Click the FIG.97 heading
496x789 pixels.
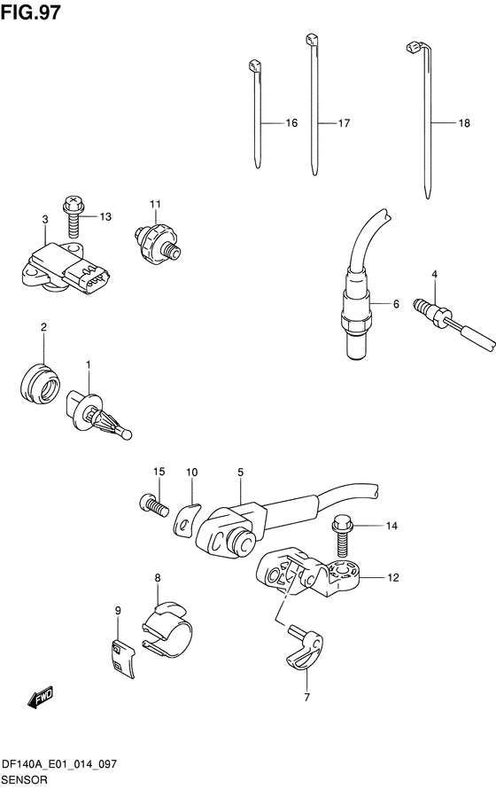point(31,12)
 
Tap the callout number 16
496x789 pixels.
point(291,122)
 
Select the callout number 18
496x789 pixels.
point(464,122)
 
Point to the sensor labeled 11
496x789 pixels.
point(156,241)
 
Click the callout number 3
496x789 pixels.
point(45,219)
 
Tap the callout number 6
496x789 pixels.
point(396,304)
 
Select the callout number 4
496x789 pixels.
point(434,274)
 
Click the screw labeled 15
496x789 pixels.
point(152,504)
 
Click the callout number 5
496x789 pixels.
point(241,472)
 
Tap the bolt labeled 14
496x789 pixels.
point(342,535)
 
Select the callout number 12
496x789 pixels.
point(393,578)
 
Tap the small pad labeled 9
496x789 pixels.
point(122,660)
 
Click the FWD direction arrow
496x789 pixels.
point(40,698)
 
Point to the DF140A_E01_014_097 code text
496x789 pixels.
point(59,764)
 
